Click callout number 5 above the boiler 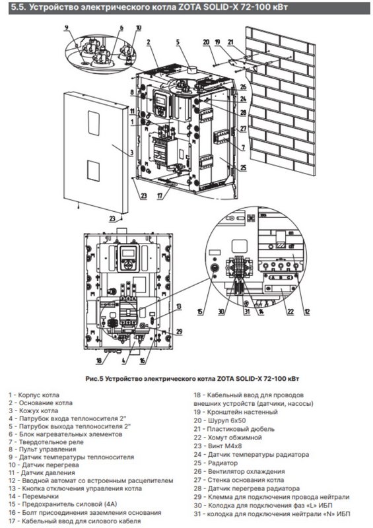point(178,42)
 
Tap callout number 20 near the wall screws point(206,42)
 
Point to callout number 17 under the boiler point(160,195)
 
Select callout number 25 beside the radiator point(244,168)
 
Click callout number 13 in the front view point(179,306)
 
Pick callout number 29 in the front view point(179,332)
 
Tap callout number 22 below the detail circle point(290,312)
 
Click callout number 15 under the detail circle point(200,312)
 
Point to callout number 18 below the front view point(99,360)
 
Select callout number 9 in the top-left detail point(67,28)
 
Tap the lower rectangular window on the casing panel point(93,170)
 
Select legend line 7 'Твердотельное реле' point(46,442)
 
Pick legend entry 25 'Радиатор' point(216,463)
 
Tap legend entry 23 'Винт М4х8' point(218,446)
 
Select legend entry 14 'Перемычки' point(34,496)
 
